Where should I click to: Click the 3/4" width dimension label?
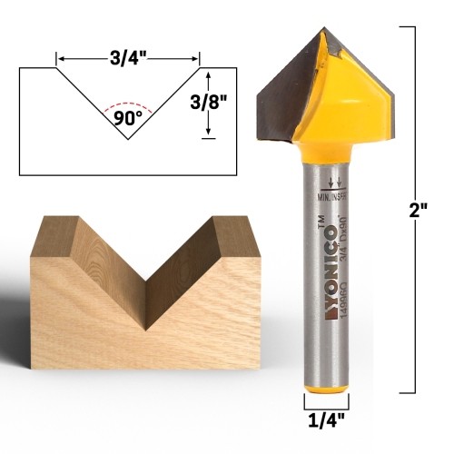[128, 57]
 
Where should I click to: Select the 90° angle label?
[129, 117]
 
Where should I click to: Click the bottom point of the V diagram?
[128, 139]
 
